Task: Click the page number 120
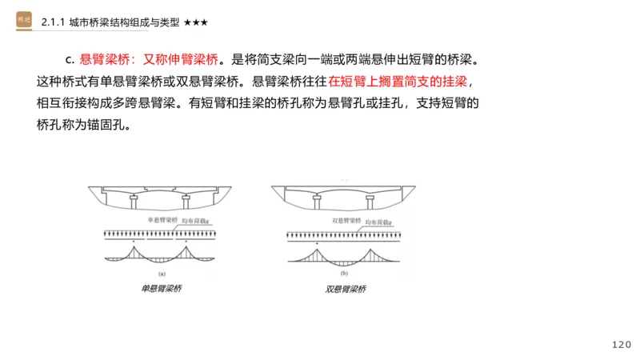[x=621, y=345]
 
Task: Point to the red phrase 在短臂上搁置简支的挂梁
[x=397, y=82]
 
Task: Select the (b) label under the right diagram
[x=345, y=273]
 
